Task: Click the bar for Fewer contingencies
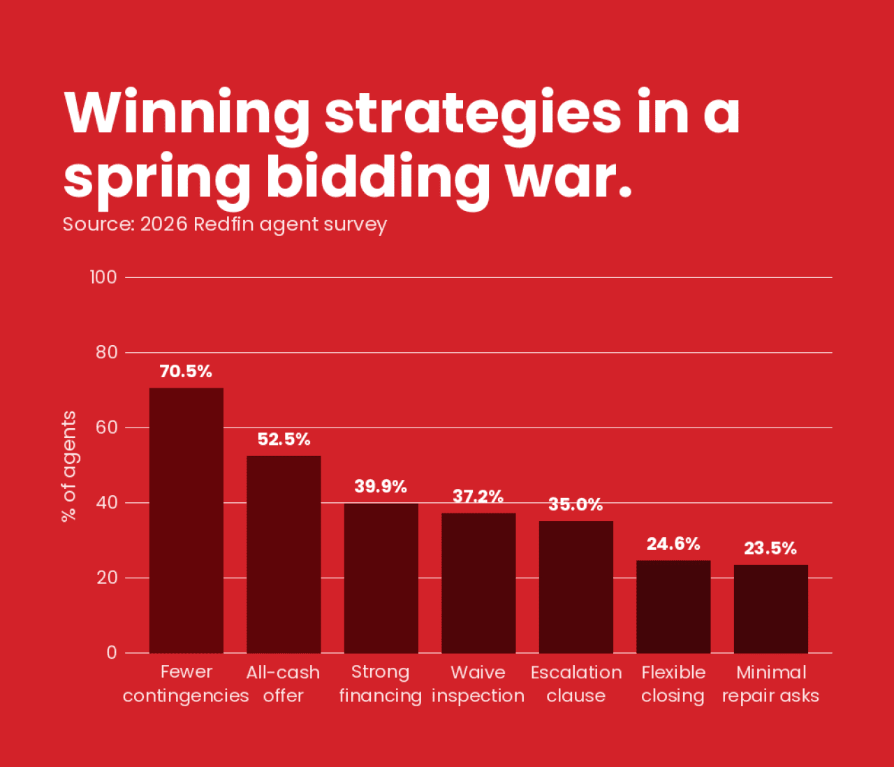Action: coord(186,520)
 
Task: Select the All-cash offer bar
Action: coord(284,555)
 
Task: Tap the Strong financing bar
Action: coord(381,578)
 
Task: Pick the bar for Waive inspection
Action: coord(478,583)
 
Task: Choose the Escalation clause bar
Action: coord(576,587)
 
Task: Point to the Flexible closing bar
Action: coord(673,606)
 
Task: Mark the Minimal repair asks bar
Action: coord(771,608)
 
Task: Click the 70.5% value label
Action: coord(186,372)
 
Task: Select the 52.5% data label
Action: coord(284,439)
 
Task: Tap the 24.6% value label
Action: coord(673,544)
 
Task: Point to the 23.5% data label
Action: coord(770,548)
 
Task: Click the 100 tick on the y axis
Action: coord(103,277)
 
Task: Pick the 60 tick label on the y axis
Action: coord(107,428)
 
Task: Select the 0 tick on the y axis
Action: coord(112,653)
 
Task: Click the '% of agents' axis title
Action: coord(68,466)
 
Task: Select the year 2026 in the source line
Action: coord(163,224)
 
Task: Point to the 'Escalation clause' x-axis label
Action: coord(576,684)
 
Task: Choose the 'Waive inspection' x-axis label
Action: coord(478,684)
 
